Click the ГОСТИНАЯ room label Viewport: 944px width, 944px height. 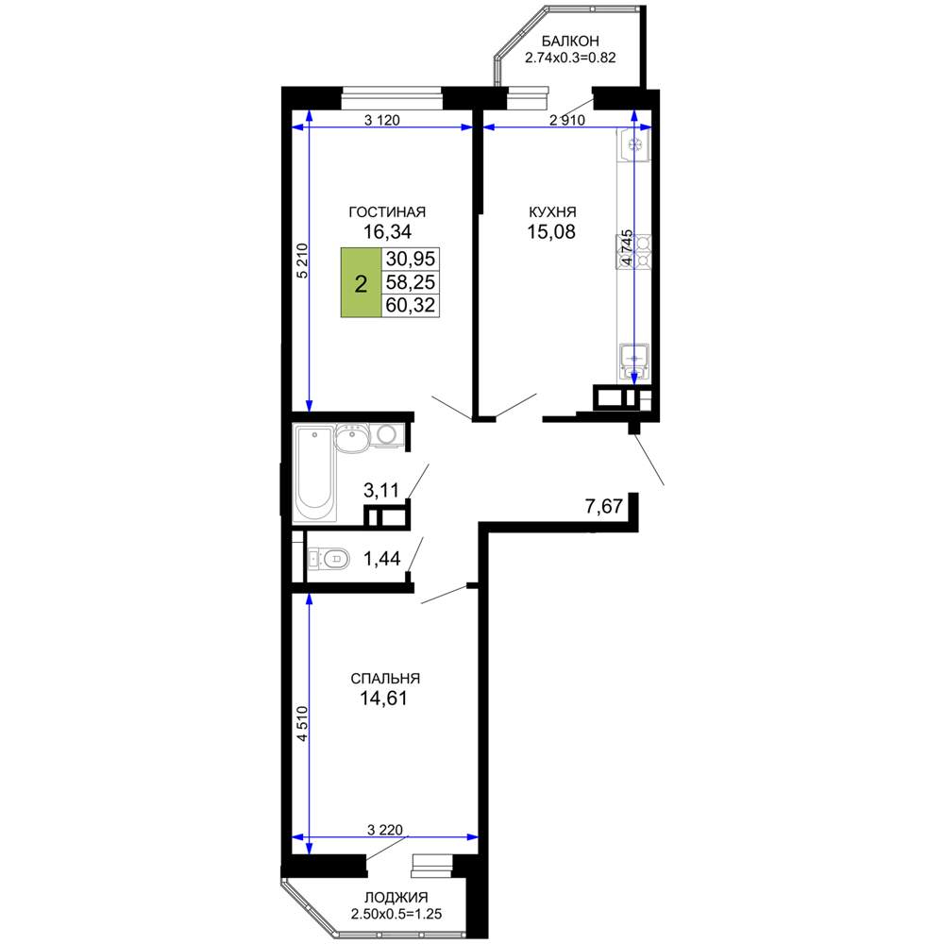coord(387,211)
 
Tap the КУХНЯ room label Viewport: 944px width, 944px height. coord(552,211)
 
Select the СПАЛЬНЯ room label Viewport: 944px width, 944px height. coord(385,679)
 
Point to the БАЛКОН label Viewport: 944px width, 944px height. coord(570,41)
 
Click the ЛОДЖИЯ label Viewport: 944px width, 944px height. coord(396,898)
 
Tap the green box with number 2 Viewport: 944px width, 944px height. coord(362,282)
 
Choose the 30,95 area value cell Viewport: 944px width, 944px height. coord(411,259)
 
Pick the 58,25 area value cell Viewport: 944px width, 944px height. coord(411,282)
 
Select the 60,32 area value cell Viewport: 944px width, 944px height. coord(411,305)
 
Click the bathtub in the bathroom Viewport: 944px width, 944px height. coord(314,473)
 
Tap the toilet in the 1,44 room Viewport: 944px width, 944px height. coord(329,559)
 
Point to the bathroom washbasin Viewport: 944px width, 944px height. coord(351,437)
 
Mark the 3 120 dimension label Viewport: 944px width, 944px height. coord(382,121)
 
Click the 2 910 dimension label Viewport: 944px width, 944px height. coord(567,121)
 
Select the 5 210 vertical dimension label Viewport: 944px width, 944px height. coord(302,261)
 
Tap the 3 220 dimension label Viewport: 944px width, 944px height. coord(385,830)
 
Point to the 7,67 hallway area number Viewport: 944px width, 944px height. coord(604,506)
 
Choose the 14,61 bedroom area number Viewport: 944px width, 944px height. coord(383,699)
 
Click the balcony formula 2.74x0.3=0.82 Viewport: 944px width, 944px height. coord(571,59)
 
